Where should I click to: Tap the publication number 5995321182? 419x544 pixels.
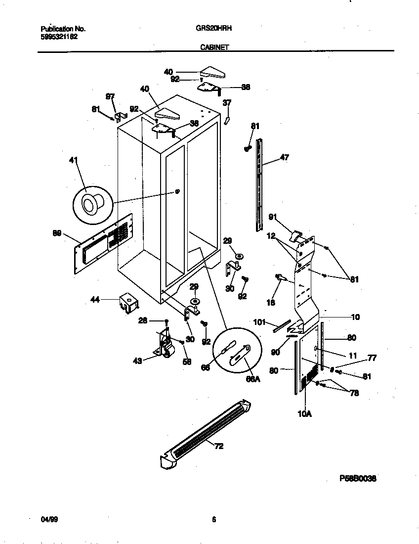tap(58, 37)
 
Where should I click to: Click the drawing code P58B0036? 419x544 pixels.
tap(358, 478)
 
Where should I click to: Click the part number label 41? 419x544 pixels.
tap(74, 161)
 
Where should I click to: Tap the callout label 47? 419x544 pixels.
tap(284, 157)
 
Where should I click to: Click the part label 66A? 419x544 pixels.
tap(252, 378)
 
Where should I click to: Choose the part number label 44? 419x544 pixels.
tap(95, 299)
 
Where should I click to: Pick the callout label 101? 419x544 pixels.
tap(259, 323)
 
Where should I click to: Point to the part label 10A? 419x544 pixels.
tap(304, 414)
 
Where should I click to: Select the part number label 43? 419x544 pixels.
tap(137, 361)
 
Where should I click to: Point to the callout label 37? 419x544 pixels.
tap(227, 103)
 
